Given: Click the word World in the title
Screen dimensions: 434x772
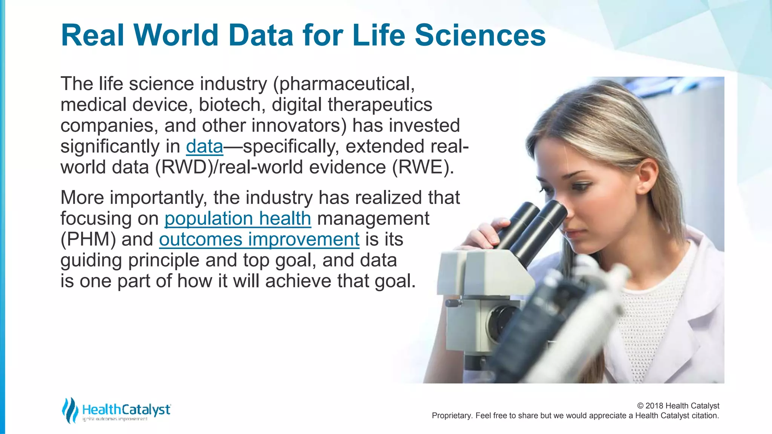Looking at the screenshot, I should coord(176,35).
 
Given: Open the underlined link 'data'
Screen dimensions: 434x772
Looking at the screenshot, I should coord(205,147).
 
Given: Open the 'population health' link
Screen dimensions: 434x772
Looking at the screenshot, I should coord(237,219).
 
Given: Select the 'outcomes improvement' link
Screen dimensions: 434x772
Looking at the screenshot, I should coord(259,240).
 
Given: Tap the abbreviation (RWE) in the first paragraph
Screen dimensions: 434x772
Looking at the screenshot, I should coord(423,167).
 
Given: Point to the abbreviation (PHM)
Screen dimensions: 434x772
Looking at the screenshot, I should coord(88,240).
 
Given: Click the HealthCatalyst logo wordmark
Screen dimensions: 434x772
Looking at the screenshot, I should coord(126,410).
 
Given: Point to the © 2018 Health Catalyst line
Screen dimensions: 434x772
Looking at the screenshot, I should coord(678,406).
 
